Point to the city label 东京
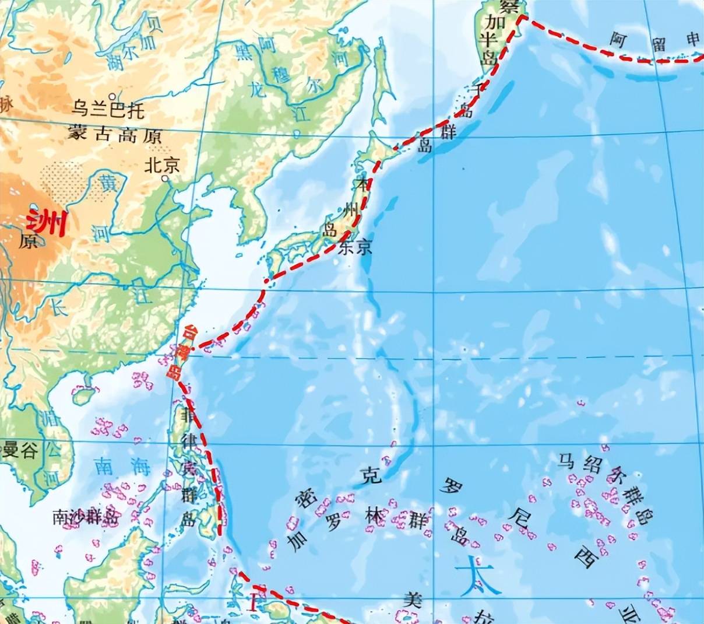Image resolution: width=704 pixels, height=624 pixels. click(355, 248)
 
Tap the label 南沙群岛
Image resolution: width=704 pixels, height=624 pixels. click(85, 517)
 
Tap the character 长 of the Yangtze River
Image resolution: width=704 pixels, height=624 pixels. click(60, 308)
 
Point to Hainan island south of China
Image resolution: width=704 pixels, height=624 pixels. click(83, 396)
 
